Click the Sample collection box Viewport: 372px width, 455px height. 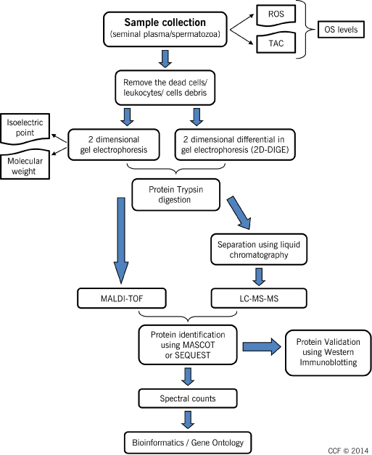(165, 29)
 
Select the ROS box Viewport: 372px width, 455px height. (276, 14)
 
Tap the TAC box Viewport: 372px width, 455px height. (276, 43)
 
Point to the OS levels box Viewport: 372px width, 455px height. (341, 29)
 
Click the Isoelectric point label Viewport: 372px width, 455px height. (25, 128)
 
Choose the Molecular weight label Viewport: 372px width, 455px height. (25, 166)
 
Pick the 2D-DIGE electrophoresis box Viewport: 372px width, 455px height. (235, 144)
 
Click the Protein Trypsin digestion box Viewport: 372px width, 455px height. (175, 195)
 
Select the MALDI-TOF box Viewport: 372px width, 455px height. (122, 299)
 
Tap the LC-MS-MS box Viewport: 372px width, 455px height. (259, 299)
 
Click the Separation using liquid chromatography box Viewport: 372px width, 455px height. (259, 249)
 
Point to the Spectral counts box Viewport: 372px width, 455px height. (188, 398)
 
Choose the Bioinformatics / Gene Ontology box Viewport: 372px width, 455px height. (188, 443)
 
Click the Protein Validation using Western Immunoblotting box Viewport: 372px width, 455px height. (328, 353)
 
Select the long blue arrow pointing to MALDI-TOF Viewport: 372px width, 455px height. (121, 241)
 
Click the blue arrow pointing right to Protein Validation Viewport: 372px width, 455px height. (262, 346)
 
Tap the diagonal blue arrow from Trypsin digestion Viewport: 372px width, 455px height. (239, 213)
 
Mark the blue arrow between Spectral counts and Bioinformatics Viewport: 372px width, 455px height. (188, 419)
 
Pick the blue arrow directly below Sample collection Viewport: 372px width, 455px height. (165, 59)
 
